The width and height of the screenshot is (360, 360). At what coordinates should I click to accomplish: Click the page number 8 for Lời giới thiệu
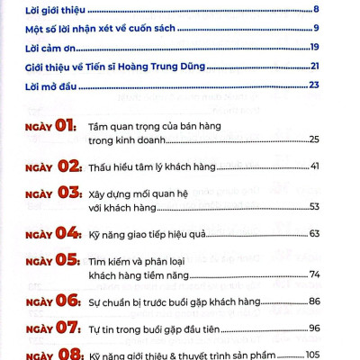(x=316, y=10)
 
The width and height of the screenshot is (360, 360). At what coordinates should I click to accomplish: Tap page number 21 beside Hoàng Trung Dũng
(x=314, y=66)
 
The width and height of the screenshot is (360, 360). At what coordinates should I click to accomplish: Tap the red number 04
(x=69, y=233)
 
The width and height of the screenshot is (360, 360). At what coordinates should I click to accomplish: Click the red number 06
(x=69, y=300)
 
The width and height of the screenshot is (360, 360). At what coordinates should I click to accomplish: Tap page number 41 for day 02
(x=314, y=167)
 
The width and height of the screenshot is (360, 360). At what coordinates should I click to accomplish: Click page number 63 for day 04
(x=314, y=234)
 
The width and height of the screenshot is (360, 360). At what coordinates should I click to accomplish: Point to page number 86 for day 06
(x=314, y=301)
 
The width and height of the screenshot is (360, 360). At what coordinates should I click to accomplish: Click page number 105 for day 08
(x=311, y=355)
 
